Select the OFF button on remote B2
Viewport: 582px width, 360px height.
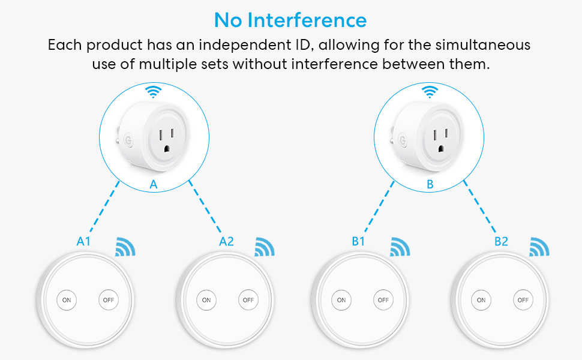click(523, 299)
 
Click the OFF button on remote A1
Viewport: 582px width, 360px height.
click(109, 299)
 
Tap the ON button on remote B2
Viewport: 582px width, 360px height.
click(481, 299)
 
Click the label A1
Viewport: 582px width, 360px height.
click(83, 242)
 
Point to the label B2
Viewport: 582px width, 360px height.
click(501, 242)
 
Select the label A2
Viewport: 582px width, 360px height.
click(226, 242)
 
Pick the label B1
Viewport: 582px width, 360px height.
click(358, 242)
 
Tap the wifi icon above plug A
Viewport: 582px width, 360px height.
click(154, 92)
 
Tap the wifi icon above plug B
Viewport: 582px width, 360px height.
click(430, 92)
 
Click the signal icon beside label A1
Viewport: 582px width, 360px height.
click(125, 247)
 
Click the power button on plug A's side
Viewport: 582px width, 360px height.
click(127, 142)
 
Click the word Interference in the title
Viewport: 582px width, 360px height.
click(308, 20)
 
